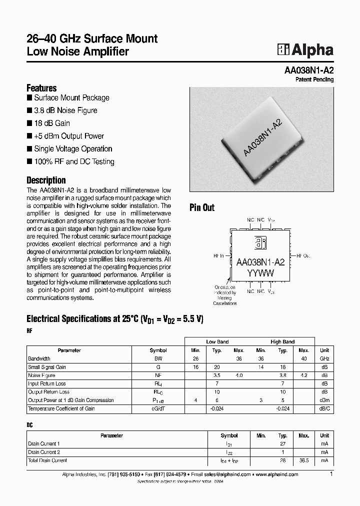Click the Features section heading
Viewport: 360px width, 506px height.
[41, 87]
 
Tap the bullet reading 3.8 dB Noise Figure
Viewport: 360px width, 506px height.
[65, 110]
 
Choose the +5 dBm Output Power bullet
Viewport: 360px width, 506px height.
[69, 136]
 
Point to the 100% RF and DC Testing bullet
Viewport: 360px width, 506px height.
[74, 161]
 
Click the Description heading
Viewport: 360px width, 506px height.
[46, 180]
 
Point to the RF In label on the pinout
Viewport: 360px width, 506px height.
[218, 255]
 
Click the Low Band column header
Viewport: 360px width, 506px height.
[217, 342]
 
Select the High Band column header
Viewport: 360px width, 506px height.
[282, 342]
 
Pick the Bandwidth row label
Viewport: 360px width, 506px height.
[39, 359]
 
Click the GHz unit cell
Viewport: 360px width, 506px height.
[324, 359]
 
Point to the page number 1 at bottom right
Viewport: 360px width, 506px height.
[331, 473]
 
